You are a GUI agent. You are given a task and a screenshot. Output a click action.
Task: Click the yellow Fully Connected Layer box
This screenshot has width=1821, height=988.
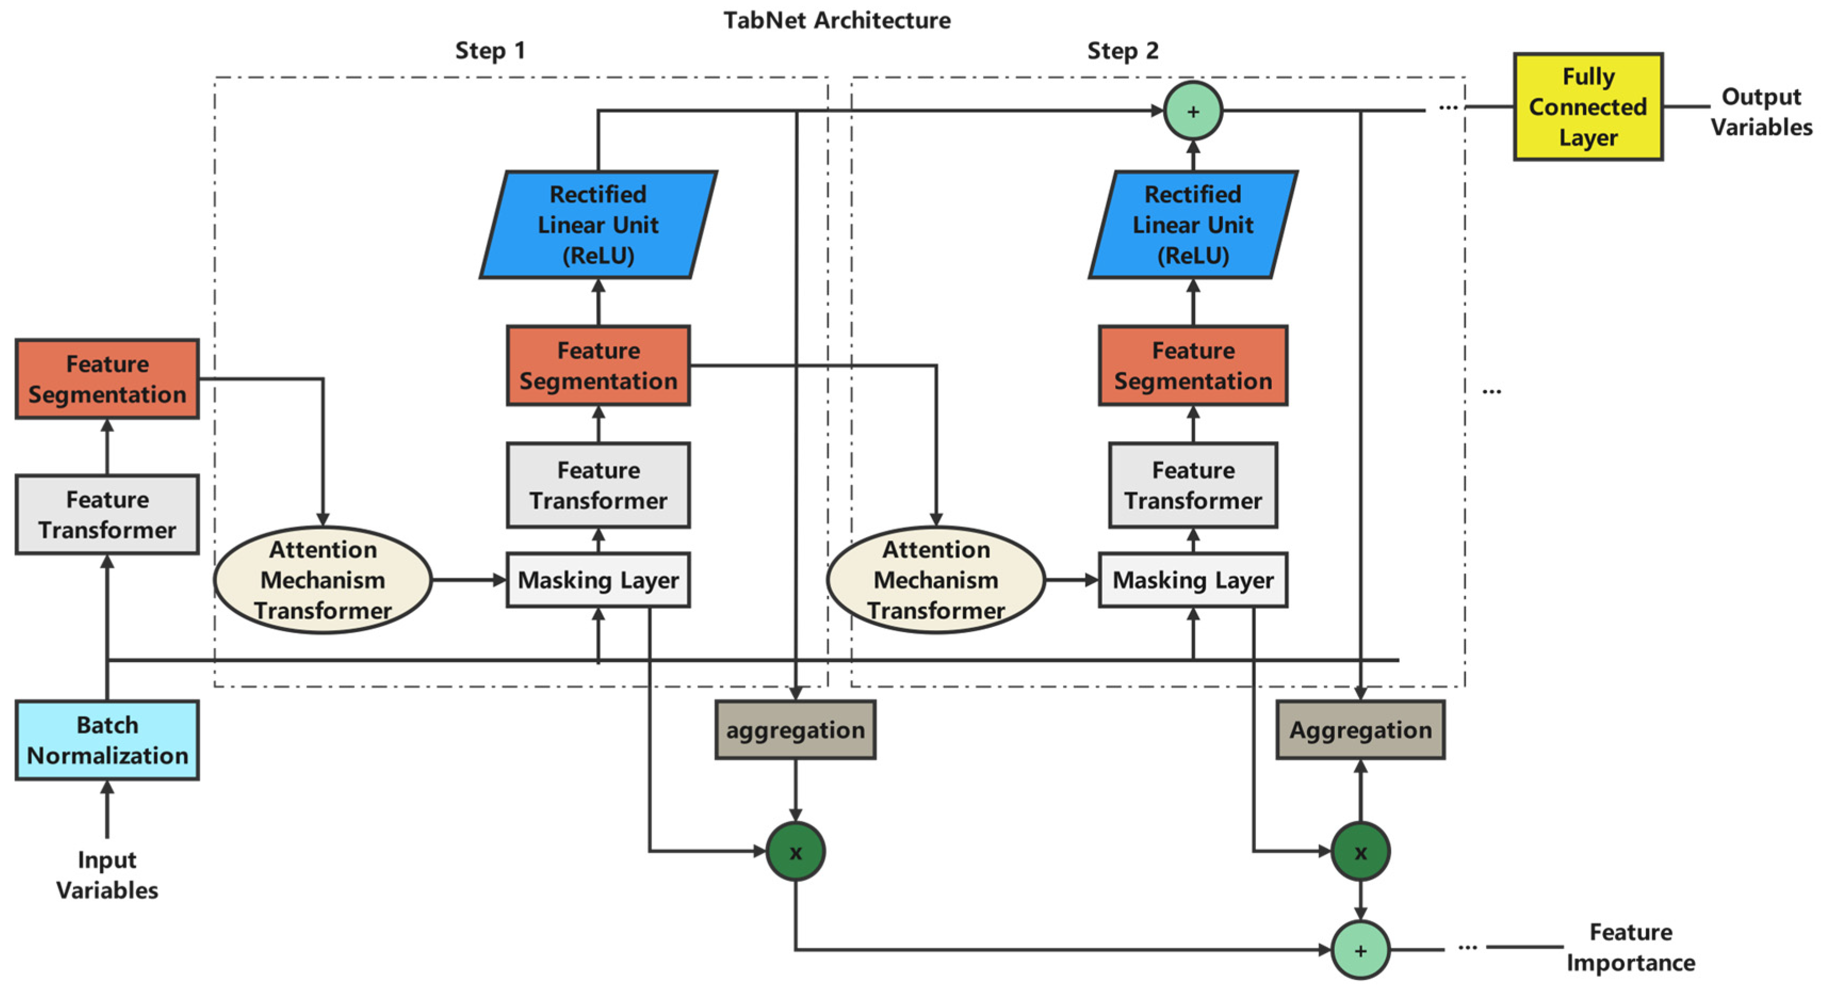[1588, 107]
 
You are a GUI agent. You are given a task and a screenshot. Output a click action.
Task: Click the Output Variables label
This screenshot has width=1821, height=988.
[1760, 112]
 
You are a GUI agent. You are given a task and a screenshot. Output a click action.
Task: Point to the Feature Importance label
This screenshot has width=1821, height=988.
[1630, 947]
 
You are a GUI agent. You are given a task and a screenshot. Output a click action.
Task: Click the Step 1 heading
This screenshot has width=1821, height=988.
[490, 51]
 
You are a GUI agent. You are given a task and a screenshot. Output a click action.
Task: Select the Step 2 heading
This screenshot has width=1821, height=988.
[1123, 51]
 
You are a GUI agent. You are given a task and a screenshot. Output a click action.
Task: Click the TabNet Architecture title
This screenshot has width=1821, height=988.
[837, 20]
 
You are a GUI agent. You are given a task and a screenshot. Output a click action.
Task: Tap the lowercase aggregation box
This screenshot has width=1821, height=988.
[795, 730]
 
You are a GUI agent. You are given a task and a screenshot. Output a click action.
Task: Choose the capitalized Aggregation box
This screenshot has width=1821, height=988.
[1360, 730]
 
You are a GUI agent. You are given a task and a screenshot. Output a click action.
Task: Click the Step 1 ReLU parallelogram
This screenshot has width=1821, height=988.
[598, 225]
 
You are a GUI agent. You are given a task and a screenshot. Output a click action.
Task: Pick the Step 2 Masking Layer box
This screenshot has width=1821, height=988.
[1193, 580]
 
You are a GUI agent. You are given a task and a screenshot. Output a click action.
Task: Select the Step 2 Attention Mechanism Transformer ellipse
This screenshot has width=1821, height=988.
[935, 580]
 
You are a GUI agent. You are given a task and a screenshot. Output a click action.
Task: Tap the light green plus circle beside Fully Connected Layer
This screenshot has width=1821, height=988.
[1193, 111]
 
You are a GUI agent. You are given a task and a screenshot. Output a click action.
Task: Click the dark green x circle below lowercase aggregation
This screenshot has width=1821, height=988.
[795, 852]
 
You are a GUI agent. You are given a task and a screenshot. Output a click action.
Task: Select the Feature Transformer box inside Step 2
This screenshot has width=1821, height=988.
[1193, 486]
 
